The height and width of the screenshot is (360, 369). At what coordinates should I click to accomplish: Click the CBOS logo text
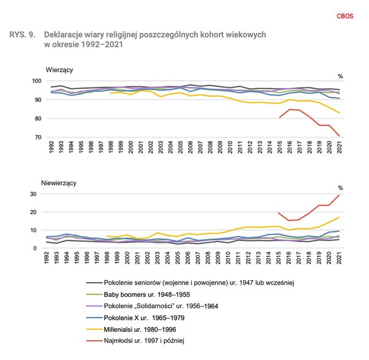click(345, 17)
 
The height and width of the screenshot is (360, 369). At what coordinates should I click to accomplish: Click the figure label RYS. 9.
click(22, 35)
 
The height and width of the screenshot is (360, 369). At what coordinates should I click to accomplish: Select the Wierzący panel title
click(60, 69)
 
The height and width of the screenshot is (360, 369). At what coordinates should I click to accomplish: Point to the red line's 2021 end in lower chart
click(339, 195)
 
